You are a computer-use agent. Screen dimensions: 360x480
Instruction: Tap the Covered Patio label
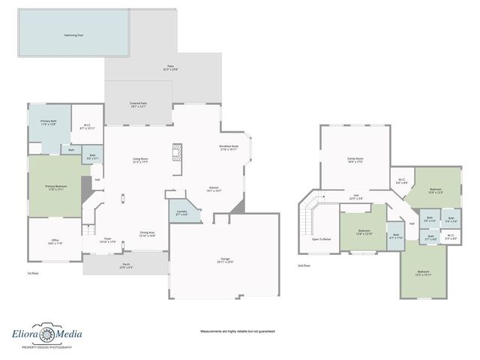138,105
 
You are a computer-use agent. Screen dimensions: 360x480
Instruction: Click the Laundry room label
182,214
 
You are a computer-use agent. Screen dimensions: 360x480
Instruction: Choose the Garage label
225,260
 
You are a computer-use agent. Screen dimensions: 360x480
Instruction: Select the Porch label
125,265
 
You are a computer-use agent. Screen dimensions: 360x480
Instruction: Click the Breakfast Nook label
229,148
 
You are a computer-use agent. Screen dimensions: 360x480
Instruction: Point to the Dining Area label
147,234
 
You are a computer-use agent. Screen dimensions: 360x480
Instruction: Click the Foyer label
108,240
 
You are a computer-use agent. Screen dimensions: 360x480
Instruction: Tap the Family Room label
355,160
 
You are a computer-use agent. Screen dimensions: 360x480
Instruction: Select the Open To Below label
321,239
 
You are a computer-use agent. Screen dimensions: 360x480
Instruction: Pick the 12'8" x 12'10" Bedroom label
364,232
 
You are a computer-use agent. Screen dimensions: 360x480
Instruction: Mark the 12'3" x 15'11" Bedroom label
424,273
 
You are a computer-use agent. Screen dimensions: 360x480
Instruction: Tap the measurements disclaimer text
237,331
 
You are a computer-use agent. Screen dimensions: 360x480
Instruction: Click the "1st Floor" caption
33,274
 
